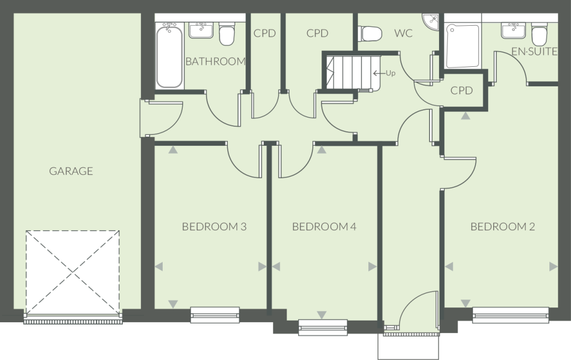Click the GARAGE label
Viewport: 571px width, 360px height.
coord(71,171)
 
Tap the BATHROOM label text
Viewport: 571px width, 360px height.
coord(215,62)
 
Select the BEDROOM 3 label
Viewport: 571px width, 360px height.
coord(214,227)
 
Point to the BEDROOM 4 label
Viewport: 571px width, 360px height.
coord(324,227)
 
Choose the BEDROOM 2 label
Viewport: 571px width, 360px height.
coord(502,227)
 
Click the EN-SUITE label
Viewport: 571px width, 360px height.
coord(534,52)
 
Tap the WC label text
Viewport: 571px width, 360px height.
coord(403,33)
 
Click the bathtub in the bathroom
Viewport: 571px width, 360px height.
coord(169,54)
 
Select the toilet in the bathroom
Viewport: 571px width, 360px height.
coord(227,34)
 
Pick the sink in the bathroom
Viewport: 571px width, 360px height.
coord(200,30)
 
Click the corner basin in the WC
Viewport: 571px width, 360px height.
coord(431,21)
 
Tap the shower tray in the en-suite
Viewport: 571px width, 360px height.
coord(463,46)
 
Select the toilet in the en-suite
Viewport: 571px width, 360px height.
coord(538,34)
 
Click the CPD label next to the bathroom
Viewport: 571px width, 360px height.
coord(264,33)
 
